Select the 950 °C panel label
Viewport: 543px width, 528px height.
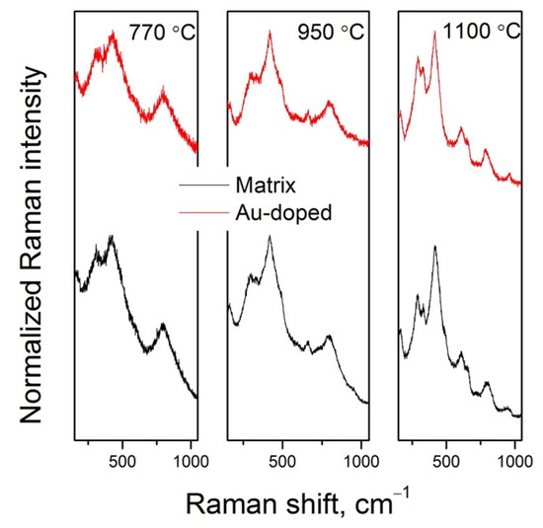(x=331, y=32)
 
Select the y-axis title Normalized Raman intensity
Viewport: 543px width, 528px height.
(x=33, y=264)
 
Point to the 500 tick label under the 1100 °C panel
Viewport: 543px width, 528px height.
(x=447, y=461)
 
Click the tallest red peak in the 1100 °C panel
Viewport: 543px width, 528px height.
(x=434, y=33)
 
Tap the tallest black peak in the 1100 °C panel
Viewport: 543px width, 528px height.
(x=434, y=248)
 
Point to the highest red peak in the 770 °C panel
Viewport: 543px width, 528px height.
(x=114, y=33)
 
